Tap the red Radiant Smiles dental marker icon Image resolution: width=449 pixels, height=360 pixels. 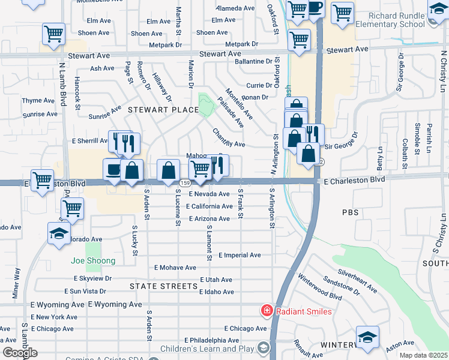265,311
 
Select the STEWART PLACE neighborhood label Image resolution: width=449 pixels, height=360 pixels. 163,110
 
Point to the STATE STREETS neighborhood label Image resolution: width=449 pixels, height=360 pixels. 164,286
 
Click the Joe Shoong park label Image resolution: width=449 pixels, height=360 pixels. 93,260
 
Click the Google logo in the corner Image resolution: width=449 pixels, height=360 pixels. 20,353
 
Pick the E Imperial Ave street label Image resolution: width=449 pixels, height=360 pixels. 240,255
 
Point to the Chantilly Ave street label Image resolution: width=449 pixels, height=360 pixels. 229,139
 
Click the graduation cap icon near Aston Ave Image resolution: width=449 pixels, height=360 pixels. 367,337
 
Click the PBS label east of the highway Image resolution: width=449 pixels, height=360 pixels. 350,212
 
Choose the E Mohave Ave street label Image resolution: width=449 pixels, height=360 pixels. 175,268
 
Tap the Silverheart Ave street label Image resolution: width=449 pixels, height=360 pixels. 357,280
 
